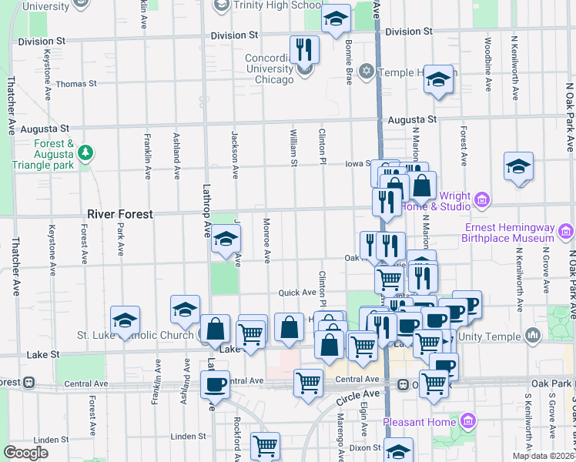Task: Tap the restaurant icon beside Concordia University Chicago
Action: coord(304,50)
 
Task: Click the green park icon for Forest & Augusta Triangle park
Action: coord(87,153)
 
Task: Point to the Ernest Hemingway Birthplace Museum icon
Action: coord(566,230)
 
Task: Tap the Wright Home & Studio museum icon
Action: coord(482,201)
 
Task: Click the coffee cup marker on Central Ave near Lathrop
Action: coord(215,383)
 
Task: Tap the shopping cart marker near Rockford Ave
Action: coord(265,444)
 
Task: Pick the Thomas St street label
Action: coord(76,83)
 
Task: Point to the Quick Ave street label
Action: coord(297,293)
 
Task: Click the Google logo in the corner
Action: coord(26,453)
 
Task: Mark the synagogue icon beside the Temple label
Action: coord(367,72)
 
